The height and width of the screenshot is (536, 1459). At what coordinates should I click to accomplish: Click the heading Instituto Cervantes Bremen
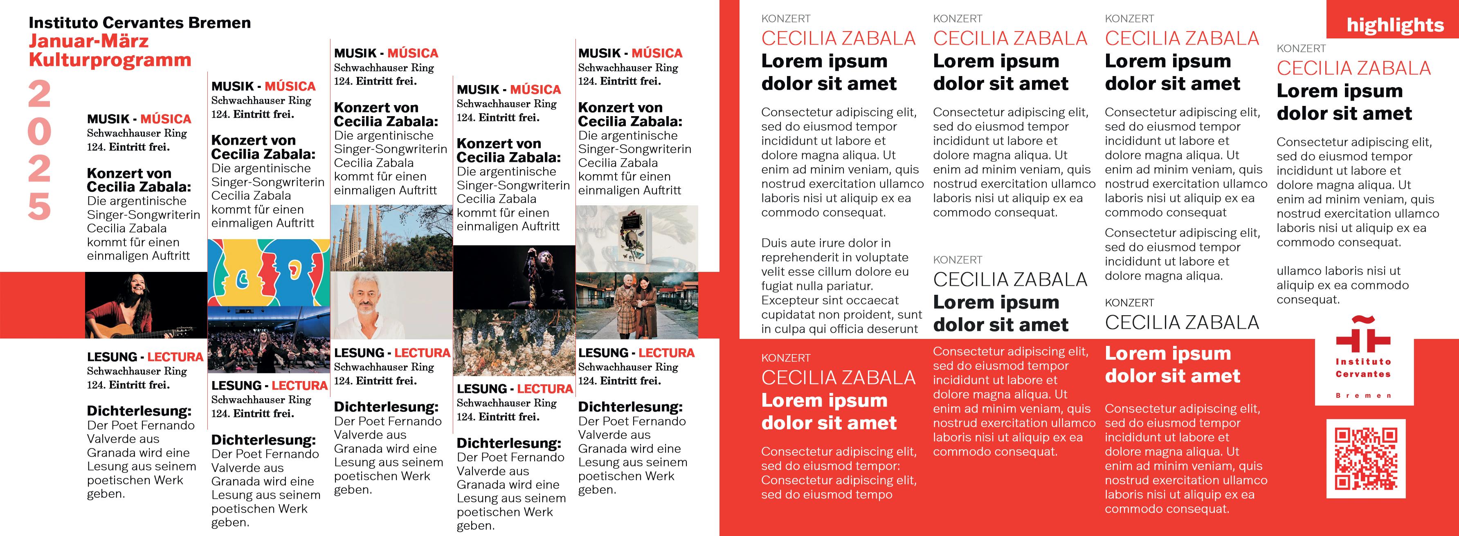click(x=139, y=22)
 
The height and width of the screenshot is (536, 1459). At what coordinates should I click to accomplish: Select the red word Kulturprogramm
click(x=110, y=60)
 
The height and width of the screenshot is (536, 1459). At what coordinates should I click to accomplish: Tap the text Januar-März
click(x=88, y=41)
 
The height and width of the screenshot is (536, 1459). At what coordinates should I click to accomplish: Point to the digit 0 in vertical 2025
click(x=39, y=131)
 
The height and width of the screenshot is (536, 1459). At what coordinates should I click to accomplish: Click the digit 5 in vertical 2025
click(x=39, y=206)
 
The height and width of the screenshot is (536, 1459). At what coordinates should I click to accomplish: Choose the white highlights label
click(x=1394, y=25)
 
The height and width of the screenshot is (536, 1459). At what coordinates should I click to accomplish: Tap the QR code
click(x=1366, y=458)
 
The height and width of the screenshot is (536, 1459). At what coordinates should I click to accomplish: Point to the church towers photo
click(x=391, y=238)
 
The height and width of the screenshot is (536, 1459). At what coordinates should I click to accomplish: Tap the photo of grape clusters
click(x=514, y=340)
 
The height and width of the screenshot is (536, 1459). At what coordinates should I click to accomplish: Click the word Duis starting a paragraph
click(x=774, y=243)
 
